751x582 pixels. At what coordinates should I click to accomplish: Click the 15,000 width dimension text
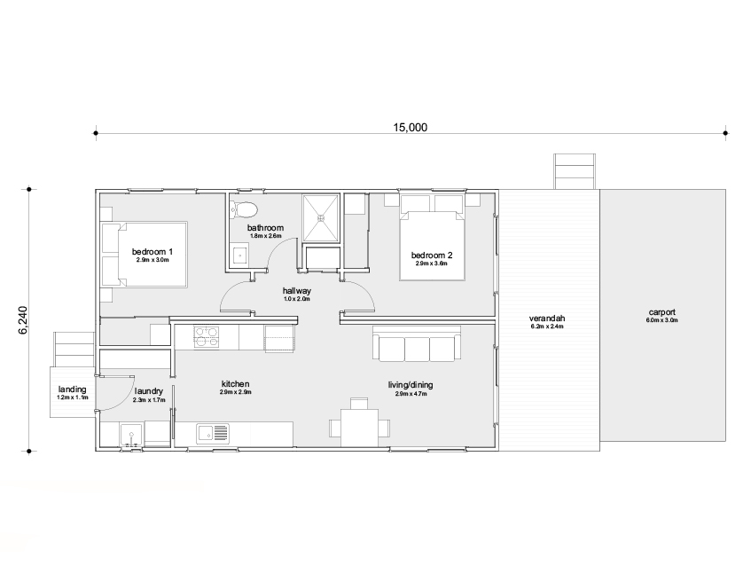(410, 128)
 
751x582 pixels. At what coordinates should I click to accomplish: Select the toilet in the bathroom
(244, 209)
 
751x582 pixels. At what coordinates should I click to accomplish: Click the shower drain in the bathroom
(321, 217)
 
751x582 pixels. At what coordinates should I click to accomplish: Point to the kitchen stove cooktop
(207, 336)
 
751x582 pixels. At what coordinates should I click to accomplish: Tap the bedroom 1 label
(153, 252)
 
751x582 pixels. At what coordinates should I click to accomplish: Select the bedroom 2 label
(432, 256)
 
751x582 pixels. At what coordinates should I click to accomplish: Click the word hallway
(297, 291)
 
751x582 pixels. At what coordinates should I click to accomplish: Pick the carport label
(662, 312)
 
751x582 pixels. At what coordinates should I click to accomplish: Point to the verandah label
(547, 319)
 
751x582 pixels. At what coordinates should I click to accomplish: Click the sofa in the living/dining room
(417, 343)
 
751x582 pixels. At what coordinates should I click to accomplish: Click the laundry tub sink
(130, 436)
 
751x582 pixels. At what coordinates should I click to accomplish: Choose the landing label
(73, 389)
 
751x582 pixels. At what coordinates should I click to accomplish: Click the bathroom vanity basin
(239, 255)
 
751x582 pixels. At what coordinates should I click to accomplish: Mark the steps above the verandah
(575, 171)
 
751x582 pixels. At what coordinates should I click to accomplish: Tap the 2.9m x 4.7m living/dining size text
(411, 394)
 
